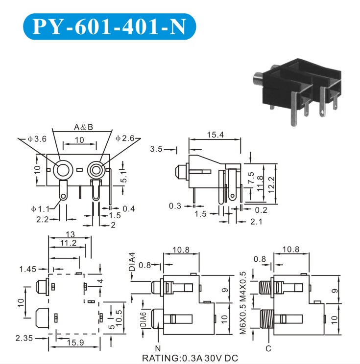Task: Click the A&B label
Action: pyautogui.click(x=83, y=128)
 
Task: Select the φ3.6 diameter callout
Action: pyautogui.click(x=37, y=139)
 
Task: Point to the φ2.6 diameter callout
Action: pyautogui.click(x=125, y=139)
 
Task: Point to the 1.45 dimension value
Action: pyautogui.click(x=27, y=269)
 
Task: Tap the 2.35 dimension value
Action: pyautogui.click(x=24, y=338)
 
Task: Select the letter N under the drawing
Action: pyautogui.click(x=158, y=349)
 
